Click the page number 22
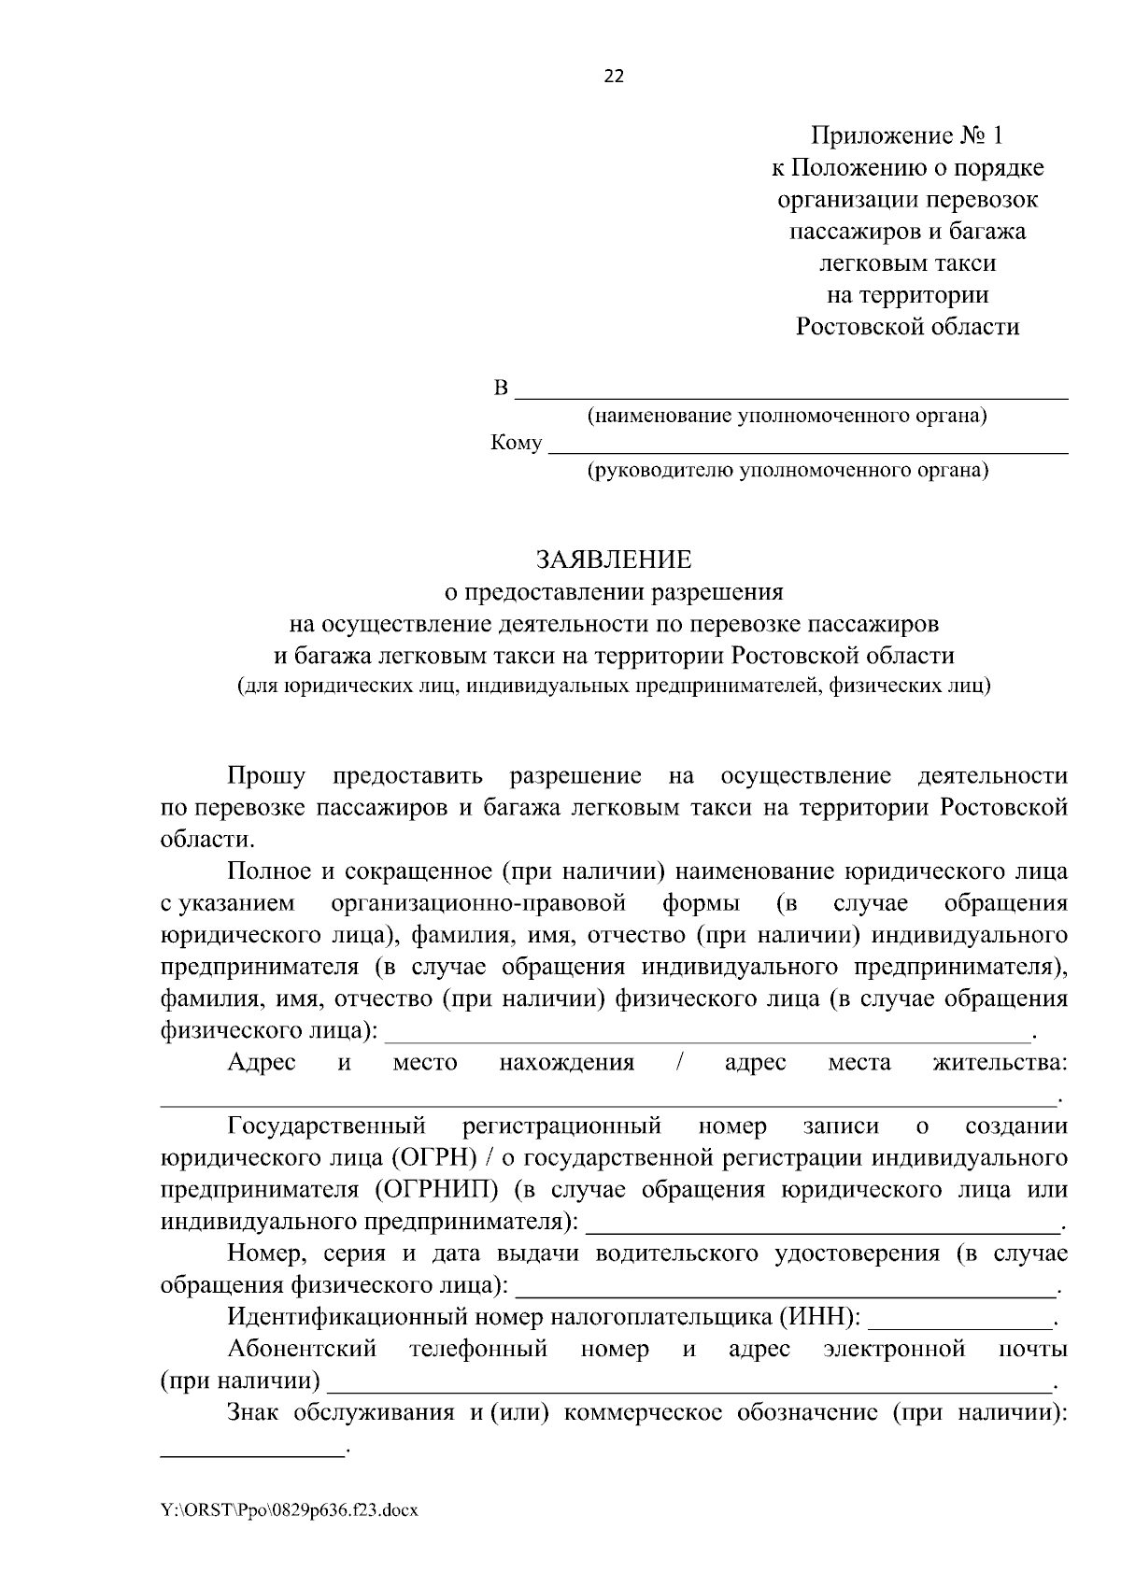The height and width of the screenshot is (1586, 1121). point(614,77)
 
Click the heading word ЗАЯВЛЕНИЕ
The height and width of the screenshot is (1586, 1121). point(614,559)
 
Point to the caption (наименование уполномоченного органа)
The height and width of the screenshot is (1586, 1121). point(787,416)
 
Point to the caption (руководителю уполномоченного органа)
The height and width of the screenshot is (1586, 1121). point(787,470)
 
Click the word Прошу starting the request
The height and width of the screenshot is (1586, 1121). point(266,776)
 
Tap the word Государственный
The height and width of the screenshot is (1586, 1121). point(327,1126)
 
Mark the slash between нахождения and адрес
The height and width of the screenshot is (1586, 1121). point(679,1062)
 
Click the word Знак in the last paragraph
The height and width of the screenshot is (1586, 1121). point(255,1412)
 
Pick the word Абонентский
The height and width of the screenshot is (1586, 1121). point(302,1349)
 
